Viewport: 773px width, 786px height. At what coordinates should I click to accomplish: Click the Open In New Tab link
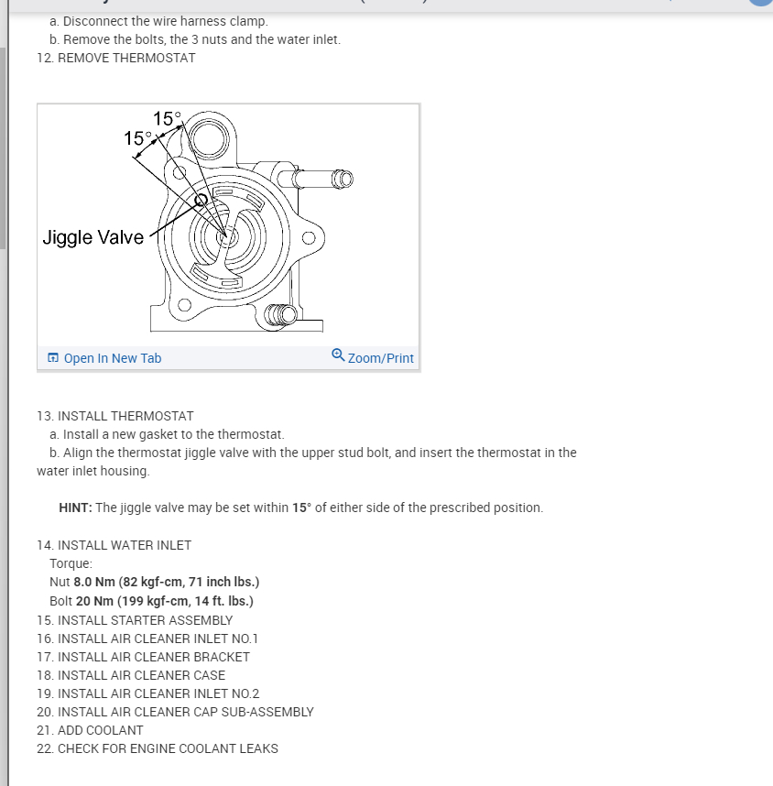pos(112,358)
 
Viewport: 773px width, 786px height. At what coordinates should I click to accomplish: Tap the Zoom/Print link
pos(380,358)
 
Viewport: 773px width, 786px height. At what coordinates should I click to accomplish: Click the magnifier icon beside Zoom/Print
pos(338,356)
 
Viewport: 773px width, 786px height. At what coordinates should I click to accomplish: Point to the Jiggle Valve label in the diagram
pos(93,237)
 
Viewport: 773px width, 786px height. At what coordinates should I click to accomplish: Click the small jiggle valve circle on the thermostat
pos(201,201)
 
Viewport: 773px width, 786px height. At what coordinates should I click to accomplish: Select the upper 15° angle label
pos(168,118)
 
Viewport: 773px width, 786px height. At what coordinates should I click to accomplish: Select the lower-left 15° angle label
pos(138,138)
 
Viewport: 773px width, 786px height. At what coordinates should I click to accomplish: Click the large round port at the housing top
pos(210,140)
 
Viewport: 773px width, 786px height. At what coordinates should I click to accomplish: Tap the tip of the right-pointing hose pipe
pos(343,177)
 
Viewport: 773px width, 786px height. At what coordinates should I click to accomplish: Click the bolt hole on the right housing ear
pos(308,239)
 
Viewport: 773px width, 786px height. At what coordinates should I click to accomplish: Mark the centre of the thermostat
pos(226,235)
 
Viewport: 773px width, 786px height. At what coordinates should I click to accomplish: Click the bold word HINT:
pos(75,508)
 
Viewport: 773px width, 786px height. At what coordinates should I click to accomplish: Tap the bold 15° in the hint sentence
pos(303,508)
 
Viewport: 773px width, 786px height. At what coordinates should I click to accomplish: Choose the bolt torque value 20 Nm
pos(95,601)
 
